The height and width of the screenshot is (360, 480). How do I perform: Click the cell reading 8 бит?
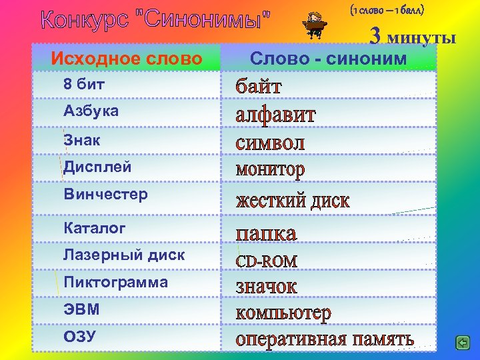[x=84, y=85]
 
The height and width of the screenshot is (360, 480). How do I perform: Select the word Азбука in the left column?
[x=91, y=111]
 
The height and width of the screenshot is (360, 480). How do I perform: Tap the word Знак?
[x=82, y=140]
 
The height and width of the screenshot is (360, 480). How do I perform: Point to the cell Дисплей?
[x=97, y=167]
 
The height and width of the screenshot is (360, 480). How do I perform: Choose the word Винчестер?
[x=105, y=195]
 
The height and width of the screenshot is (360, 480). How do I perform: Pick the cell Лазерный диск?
[x=124, y=255]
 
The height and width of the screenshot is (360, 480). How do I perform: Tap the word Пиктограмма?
[x=115, y=283]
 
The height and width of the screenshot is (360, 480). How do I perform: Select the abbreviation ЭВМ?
[x=81, y=309]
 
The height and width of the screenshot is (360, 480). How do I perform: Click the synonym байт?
[x=259, y=87]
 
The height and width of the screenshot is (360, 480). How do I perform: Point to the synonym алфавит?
[x=275, y=115]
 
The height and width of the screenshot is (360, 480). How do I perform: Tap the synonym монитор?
[x=270, y=170]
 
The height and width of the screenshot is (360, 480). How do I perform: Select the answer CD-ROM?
[x=267, y=261]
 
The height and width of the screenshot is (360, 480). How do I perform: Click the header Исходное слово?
[x=126, y=59]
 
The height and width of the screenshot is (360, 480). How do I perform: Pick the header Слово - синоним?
[x=328, y=59]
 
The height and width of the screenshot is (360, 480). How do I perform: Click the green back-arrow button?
[x=462, y=343]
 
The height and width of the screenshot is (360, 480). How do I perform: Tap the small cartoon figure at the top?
[x=311, y=25]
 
